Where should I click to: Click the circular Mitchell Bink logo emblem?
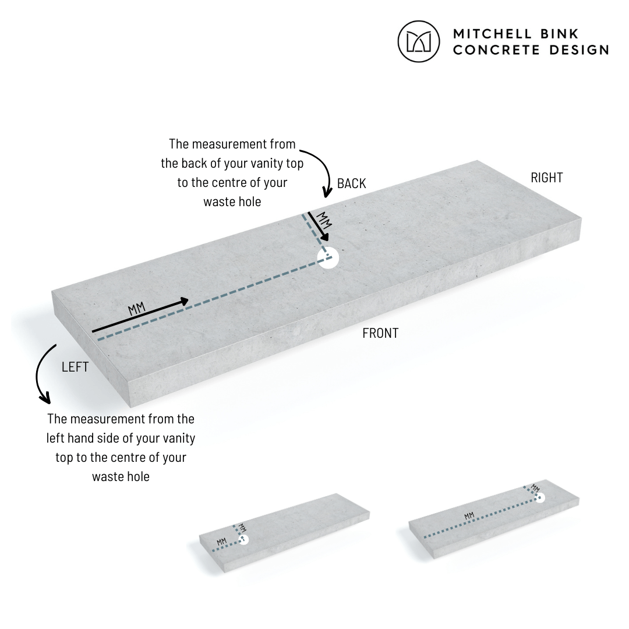[x=418, y=41]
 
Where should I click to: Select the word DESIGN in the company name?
[x=579, y=50]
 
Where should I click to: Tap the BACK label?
[x=351, y=183]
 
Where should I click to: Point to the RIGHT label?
[x=546, y=177]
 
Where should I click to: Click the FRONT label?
[x=380, y=333]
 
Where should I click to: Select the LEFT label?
[x=75, y=367]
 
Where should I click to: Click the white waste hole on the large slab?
[x=328, y=258]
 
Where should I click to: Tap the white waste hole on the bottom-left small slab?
[x=244, y=539]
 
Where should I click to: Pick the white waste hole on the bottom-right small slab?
[x=539, y=497]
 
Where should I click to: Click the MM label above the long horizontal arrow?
[x=137, y=309]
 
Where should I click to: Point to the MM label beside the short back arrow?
[x=324, y=220]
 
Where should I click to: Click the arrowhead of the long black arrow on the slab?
[x=184, y=301]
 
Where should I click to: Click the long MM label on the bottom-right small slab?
[x=469, y=516]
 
